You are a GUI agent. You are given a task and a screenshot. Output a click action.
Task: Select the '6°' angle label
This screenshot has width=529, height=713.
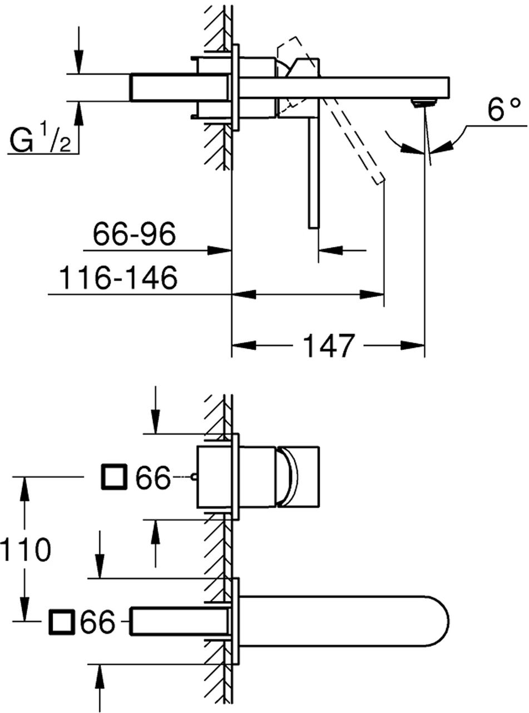[x=503, y=109]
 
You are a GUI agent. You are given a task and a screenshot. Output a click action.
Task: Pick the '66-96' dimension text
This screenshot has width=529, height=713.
[x=135, y=233]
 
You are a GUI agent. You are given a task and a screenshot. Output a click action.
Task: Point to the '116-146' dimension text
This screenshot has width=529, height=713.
[x=118, y=277]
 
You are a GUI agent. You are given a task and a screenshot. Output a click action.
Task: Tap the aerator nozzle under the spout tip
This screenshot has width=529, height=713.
[x=424, y=103]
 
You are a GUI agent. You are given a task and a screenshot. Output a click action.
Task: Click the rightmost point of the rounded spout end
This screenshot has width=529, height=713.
[x=449, y=621]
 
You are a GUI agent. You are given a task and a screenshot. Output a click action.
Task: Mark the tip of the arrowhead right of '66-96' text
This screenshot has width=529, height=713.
[x=231, y=250]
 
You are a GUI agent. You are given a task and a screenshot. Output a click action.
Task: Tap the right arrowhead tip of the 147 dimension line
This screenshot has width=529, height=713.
[x=424, y=345]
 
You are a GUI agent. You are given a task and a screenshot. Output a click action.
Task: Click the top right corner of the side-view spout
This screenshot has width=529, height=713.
[x=449, y=77]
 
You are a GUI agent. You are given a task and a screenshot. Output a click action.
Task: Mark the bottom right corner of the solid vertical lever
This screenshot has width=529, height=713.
[x=318, y=228]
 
